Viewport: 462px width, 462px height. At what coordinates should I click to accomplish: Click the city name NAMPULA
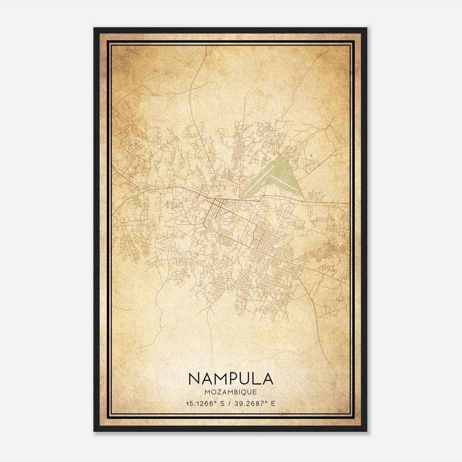point(231,379)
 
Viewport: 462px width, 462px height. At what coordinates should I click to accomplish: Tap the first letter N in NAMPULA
point(194,379)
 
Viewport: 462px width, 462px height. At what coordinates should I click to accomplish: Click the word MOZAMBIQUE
point(231,392)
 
